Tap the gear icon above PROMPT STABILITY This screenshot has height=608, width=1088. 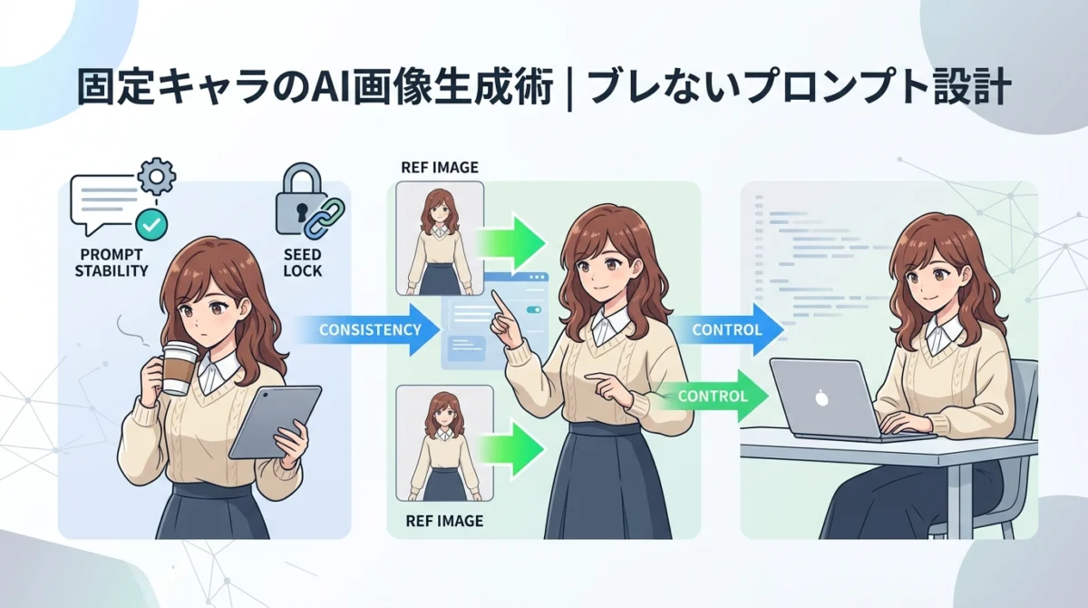pyautogui.click(x=156, y=176)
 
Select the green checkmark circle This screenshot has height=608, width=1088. pyautogui.click(x=151, y=224)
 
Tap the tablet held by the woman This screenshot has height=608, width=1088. pyautogui.click(x=276, y=422)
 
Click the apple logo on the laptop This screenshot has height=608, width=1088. pyautogui.click(x=821, y=398)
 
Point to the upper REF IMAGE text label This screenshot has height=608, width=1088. pyautogui.click(x=440, y=168)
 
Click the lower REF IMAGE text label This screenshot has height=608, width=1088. pyautogui.click(x=444, y=521)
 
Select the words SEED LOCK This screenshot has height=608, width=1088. pyautogui.click(x=303, y=262)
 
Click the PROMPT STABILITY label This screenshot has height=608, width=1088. pyautogui.click(x=112, y=262)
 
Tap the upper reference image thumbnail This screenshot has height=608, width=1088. pyautogui.click(x=440, y=239)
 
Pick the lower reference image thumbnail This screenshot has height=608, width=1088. pyautogui.click(x=445, y=443)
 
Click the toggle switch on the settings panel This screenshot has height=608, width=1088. pyautogui.click(x=534, y=309)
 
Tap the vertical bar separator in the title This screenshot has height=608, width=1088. pyautogui.click(x=569, y=89)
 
